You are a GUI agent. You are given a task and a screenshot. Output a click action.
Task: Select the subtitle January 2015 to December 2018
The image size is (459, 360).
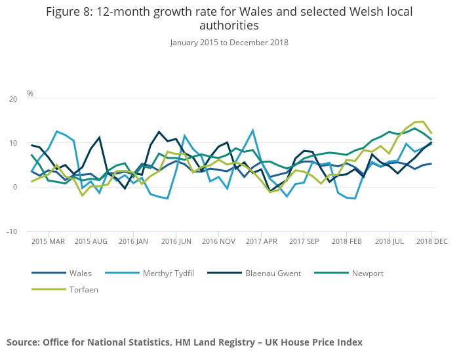pos(229,43)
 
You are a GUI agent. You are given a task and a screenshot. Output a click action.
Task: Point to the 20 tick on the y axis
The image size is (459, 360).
pos(13,99)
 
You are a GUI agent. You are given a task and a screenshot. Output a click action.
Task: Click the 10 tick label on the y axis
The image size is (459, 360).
pos(13,144)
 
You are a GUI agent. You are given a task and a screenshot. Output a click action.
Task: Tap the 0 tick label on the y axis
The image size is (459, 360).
pos(15,188)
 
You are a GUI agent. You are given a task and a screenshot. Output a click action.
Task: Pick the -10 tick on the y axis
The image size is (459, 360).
pos(12,231)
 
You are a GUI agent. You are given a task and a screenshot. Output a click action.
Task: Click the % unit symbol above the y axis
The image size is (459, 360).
pos(30,94)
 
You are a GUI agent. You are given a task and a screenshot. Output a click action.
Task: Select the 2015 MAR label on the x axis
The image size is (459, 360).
pos(48,242)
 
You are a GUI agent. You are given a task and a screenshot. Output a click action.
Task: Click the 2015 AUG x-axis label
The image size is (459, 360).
pos(90,242)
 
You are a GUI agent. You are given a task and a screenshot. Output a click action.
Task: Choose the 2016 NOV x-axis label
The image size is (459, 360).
pos(218,242)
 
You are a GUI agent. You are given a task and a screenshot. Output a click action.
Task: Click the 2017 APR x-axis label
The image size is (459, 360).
pos(261,242)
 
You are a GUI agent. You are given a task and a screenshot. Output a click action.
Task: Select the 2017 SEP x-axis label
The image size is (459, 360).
pos(304,242)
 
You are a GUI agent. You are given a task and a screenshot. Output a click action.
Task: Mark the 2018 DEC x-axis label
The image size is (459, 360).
pos(431,242)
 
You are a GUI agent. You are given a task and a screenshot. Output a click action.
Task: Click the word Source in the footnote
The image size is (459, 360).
pos(23,342)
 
